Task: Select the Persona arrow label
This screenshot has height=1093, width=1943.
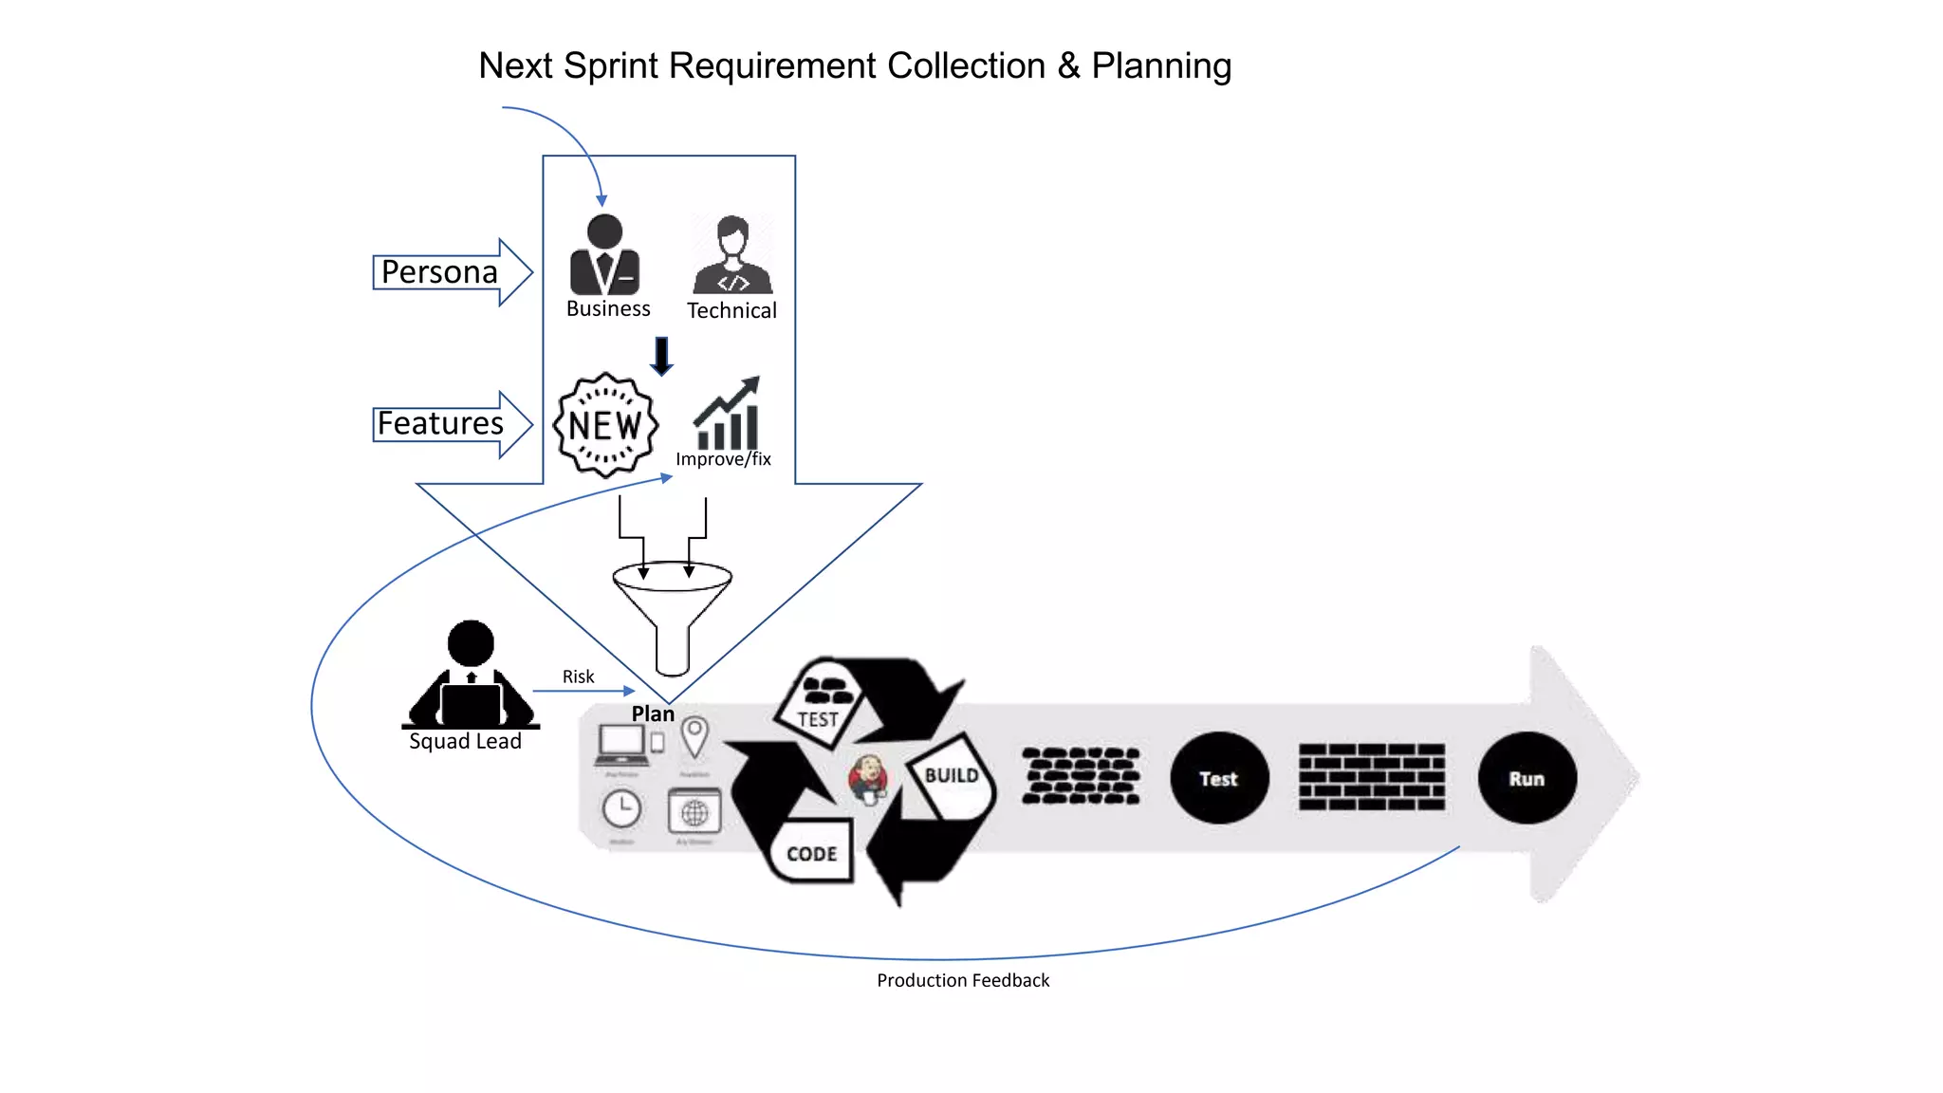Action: [x=439, y=272]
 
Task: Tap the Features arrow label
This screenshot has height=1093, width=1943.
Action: [x=440, y=423]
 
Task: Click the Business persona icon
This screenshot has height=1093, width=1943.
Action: [x=604, y=254]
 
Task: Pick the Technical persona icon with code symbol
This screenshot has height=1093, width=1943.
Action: [x=732, y=254]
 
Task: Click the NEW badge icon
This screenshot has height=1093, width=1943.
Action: [x=605, y=425]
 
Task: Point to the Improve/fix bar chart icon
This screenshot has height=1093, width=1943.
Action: [x=727, y=415]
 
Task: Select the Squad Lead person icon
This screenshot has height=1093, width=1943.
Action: [x=471, y=676]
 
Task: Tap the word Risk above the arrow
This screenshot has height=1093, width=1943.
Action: [x=578, y=676]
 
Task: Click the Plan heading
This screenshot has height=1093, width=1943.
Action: [x=653, y=713]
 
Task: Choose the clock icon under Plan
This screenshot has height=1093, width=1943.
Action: [x=621, y=809]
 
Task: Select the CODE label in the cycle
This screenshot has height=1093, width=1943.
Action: [x=812, y=854]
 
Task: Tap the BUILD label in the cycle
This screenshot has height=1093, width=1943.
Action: [x=952, y=775]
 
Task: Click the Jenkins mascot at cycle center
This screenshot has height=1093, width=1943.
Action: [x=868, y=779]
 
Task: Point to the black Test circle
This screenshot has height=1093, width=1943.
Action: [x=1219, y=778]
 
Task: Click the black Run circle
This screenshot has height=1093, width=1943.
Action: [x=1527, y=778]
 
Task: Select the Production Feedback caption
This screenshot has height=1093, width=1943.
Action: [x=963, y=980]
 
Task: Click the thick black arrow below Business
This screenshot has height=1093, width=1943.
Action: [x=661, y=356]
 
